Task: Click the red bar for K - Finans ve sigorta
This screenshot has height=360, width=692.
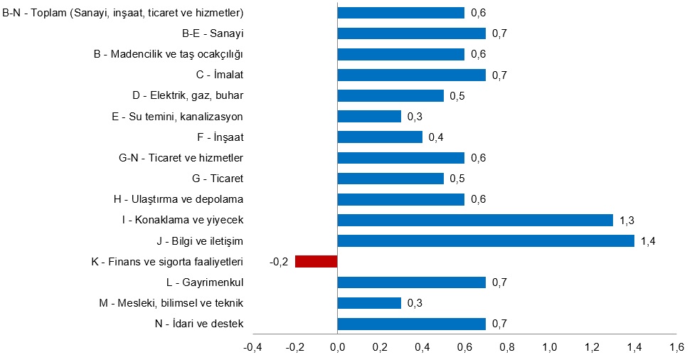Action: (x=316, y=262)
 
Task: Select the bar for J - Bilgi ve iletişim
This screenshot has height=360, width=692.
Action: (x=486, y=241)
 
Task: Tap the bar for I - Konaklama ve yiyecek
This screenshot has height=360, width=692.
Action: (x=475, y=221)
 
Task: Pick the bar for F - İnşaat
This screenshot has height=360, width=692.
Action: (x=380, y=137)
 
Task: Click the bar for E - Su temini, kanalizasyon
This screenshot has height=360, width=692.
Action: (x=369, y=116)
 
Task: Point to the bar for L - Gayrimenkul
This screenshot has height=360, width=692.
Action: (x=411, y=282)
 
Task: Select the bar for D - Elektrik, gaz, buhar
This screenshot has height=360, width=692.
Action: (x=390, y=95)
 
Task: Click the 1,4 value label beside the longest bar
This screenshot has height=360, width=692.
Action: (x=648, y=241)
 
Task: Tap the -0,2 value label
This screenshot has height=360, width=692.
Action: (x=278, y=262)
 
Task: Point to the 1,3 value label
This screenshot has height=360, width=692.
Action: (x=627, y=221)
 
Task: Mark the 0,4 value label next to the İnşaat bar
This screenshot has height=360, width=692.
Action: (x=436, y=137)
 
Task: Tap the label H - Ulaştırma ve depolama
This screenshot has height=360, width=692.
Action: (x=183, y=199)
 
